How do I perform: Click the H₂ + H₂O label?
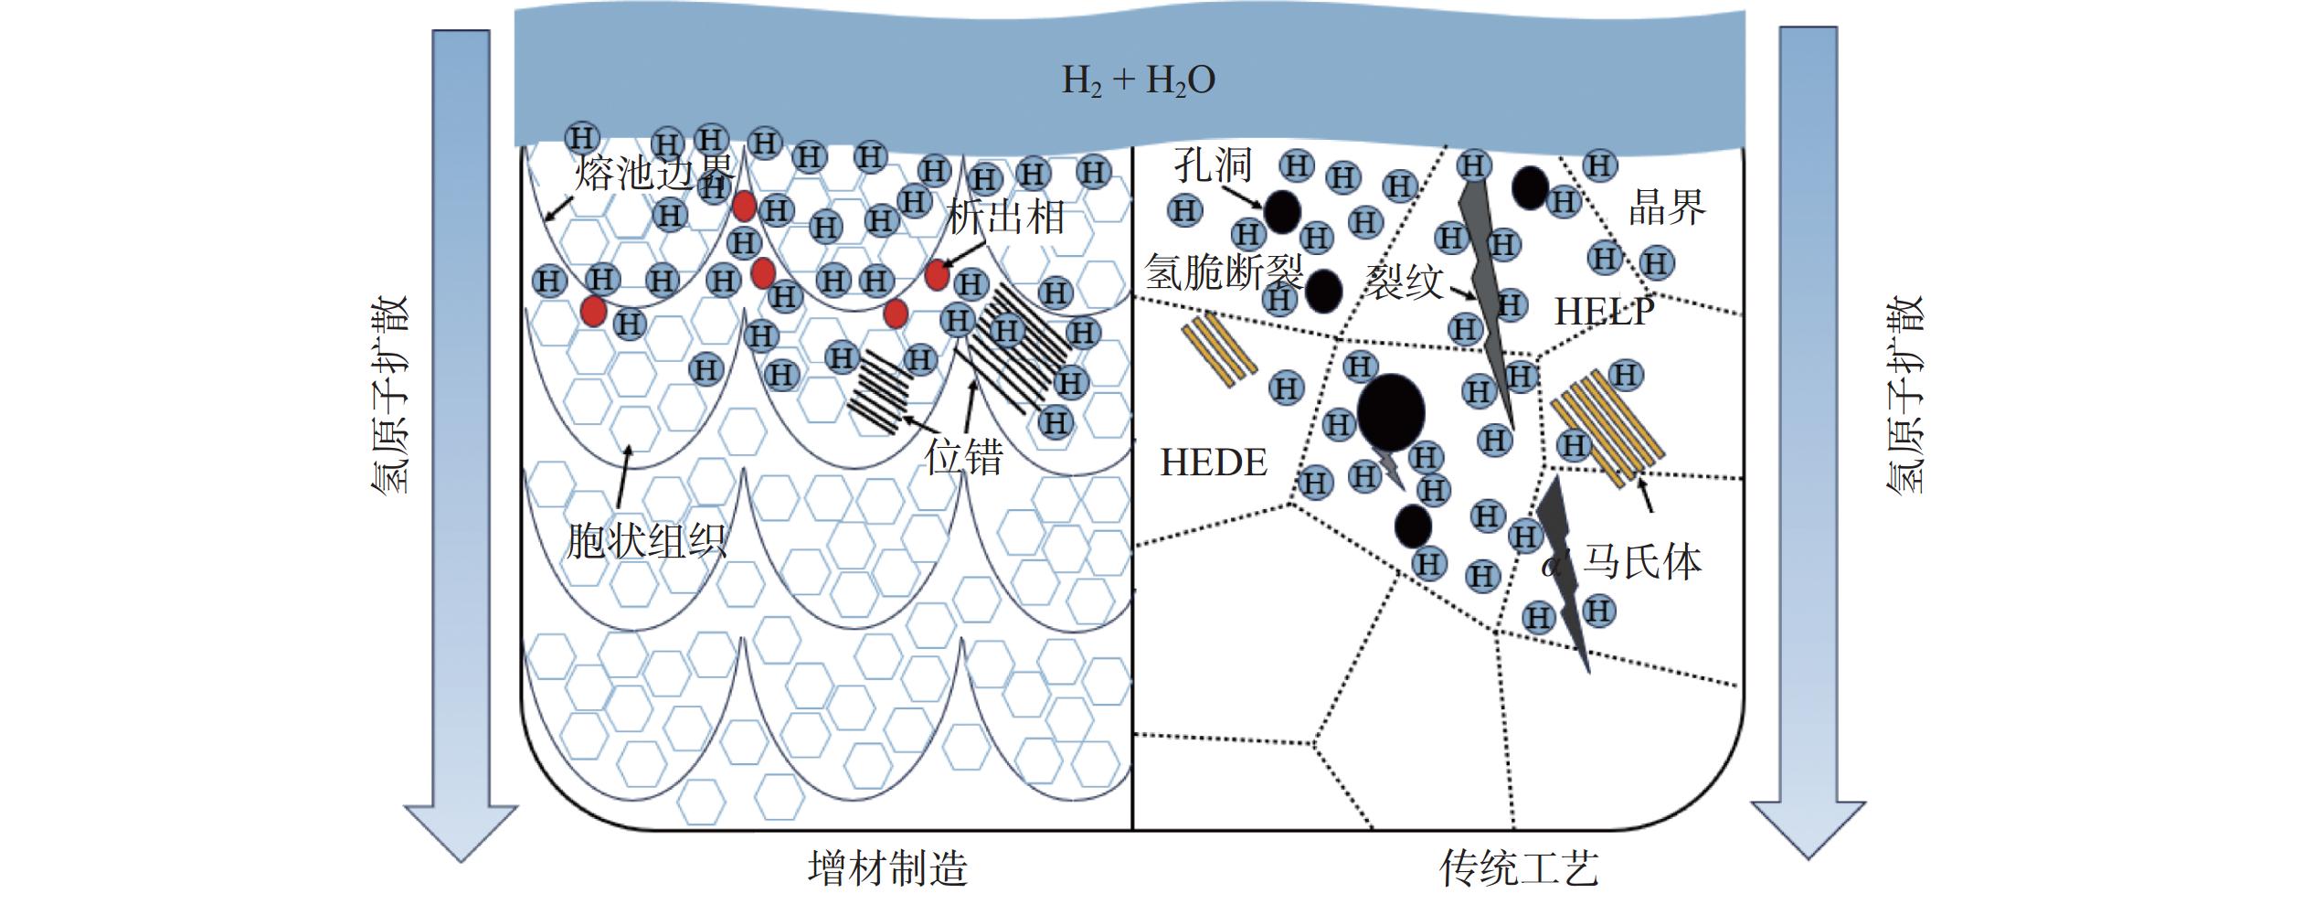point(1138,80)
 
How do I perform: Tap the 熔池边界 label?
point(654,171)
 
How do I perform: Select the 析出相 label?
point(1005,218)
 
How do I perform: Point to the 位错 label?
point(963,456)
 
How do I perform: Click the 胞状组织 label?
point(646,540)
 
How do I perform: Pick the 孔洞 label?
point(1213,166)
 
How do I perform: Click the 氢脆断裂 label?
point(1224,271)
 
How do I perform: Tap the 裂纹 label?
point(1405,282)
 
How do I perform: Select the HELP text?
point(1604,312)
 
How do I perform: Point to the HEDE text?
point(1214,463)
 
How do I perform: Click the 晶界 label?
point(1667,208)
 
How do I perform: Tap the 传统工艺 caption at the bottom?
point(1519,868)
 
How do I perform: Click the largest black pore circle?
point(1391,412)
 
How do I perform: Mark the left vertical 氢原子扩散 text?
point(390,396)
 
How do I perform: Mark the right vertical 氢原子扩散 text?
point(1905,395)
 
